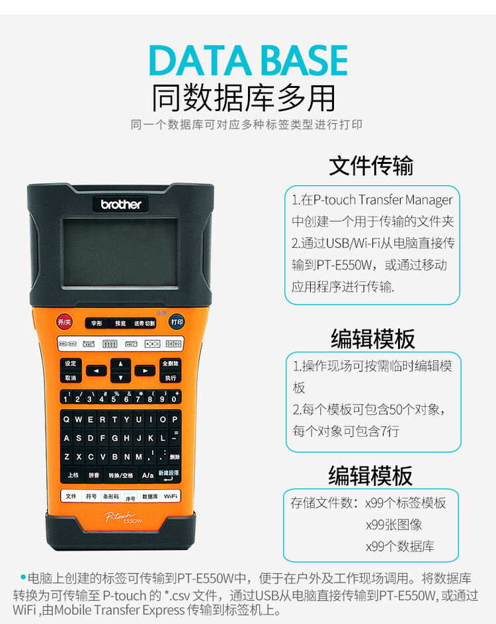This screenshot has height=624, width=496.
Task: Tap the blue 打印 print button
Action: pyautogui.click(x=176, y=322)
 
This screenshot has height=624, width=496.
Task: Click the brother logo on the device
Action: pyautogui.click(x=121, y=204)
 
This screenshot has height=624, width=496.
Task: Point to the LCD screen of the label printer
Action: pyautogui.click(x=120, y=252)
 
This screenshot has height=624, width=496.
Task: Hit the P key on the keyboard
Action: pyautogui.click(x=175, y=419)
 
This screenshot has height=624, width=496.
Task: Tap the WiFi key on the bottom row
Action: pyautogui.click(x=171, y=496)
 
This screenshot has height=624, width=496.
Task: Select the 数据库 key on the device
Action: pyautogui.click(x=150, y=496)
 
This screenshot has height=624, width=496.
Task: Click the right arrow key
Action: pyautogui.click(x=144, y=371)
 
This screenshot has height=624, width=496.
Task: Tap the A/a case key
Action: pyautogui.click(x=147, y=475)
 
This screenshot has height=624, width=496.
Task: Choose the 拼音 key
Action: pyautogui.click(x=94, y=475)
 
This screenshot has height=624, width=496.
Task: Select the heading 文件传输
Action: pyautogui.click(x=371, y=165)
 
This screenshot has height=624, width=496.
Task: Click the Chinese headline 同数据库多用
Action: pyautogui.click(x=244, y=98)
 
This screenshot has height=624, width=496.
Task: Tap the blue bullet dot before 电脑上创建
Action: pyautogui.click(x=23, y=577)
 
